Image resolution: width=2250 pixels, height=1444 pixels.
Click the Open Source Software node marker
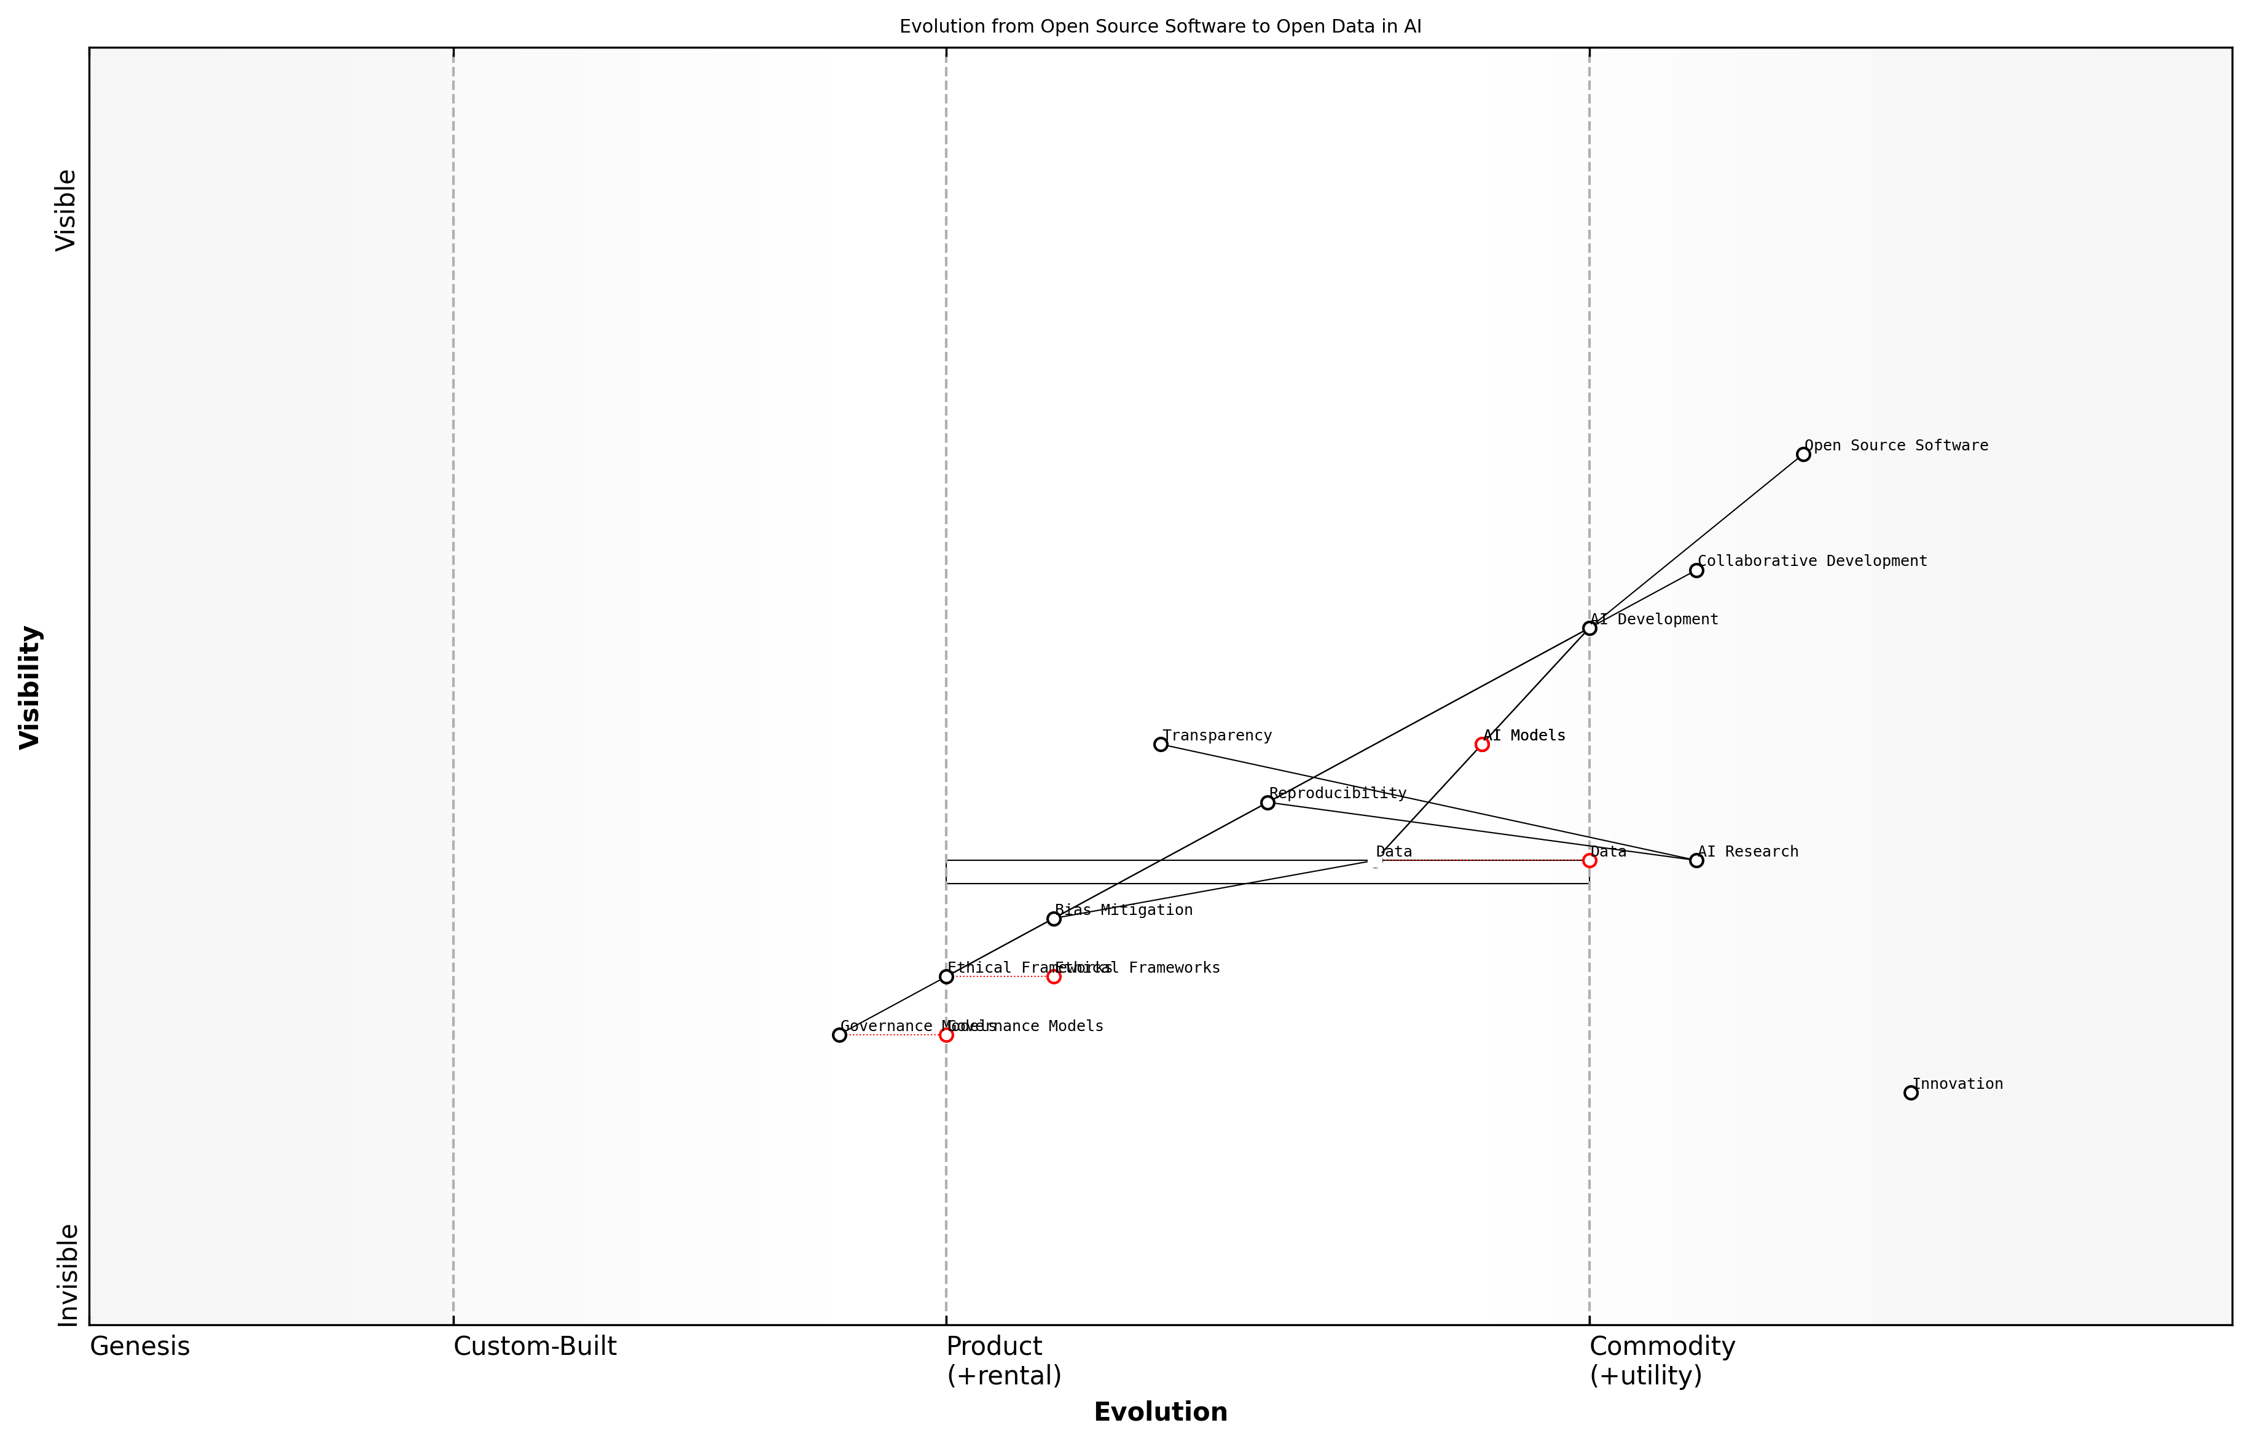click(1803, 455)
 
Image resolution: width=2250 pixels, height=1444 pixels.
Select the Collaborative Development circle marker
click(1696, 570)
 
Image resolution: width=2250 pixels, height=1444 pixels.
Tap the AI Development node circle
click(1589, 628)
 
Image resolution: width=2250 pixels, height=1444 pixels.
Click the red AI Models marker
click(1482, 745)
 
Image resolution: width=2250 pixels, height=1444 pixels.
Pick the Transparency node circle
click(1161, 745)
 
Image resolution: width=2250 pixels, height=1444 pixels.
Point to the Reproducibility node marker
click(1268, 802)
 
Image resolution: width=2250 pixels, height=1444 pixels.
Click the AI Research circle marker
click(1696, 861)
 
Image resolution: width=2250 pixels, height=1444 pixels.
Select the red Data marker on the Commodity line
click(1589, 861)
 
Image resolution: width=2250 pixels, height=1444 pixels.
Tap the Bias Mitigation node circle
click(1054, 919)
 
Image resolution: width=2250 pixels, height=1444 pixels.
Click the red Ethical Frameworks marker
click(1054, 977)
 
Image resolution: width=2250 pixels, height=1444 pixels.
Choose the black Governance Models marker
click(839, 1035)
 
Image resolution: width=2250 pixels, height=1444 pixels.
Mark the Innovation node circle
click(1911, 1093)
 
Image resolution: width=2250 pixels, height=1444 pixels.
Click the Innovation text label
click(1958, 1084)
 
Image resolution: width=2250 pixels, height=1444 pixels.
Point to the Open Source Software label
click(1895, 445)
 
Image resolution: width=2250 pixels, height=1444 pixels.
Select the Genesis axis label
click(139, 1346)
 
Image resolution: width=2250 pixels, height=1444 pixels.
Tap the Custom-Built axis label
click(535, 1346)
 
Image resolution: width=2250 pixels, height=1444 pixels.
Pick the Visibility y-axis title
click(30, 686)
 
